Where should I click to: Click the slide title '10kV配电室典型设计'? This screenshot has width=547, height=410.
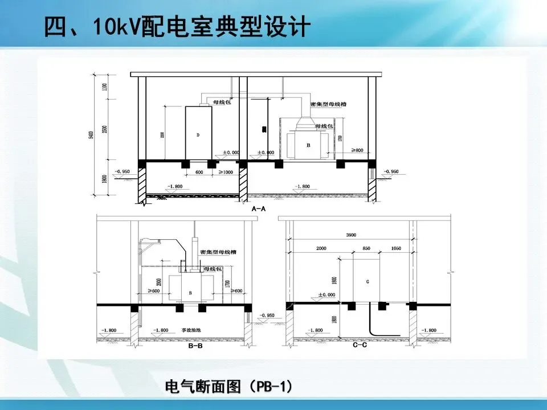[177, 27]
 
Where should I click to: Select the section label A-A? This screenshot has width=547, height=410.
[259, 209]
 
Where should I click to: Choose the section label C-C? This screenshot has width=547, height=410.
[359, 345]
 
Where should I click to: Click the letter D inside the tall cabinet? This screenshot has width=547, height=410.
[198, 135]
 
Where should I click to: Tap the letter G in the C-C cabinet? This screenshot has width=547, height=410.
[367, 281]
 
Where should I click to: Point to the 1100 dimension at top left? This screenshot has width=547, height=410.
[105, 87]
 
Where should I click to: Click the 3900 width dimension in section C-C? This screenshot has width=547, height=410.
[351, 235]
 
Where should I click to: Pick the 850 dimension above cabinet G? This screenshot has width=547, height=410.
[367, 249]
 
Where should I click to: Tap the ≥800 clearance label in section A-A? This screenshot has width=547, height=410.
[357, 150]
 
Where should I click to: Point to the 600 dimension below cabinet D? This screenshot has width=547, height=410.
[199, 172]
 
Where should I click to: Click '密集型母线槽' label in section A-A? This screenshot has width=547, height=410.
[329, 105]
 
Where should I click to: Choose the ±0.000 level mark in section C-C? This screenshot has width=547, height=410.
[326, 294]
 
